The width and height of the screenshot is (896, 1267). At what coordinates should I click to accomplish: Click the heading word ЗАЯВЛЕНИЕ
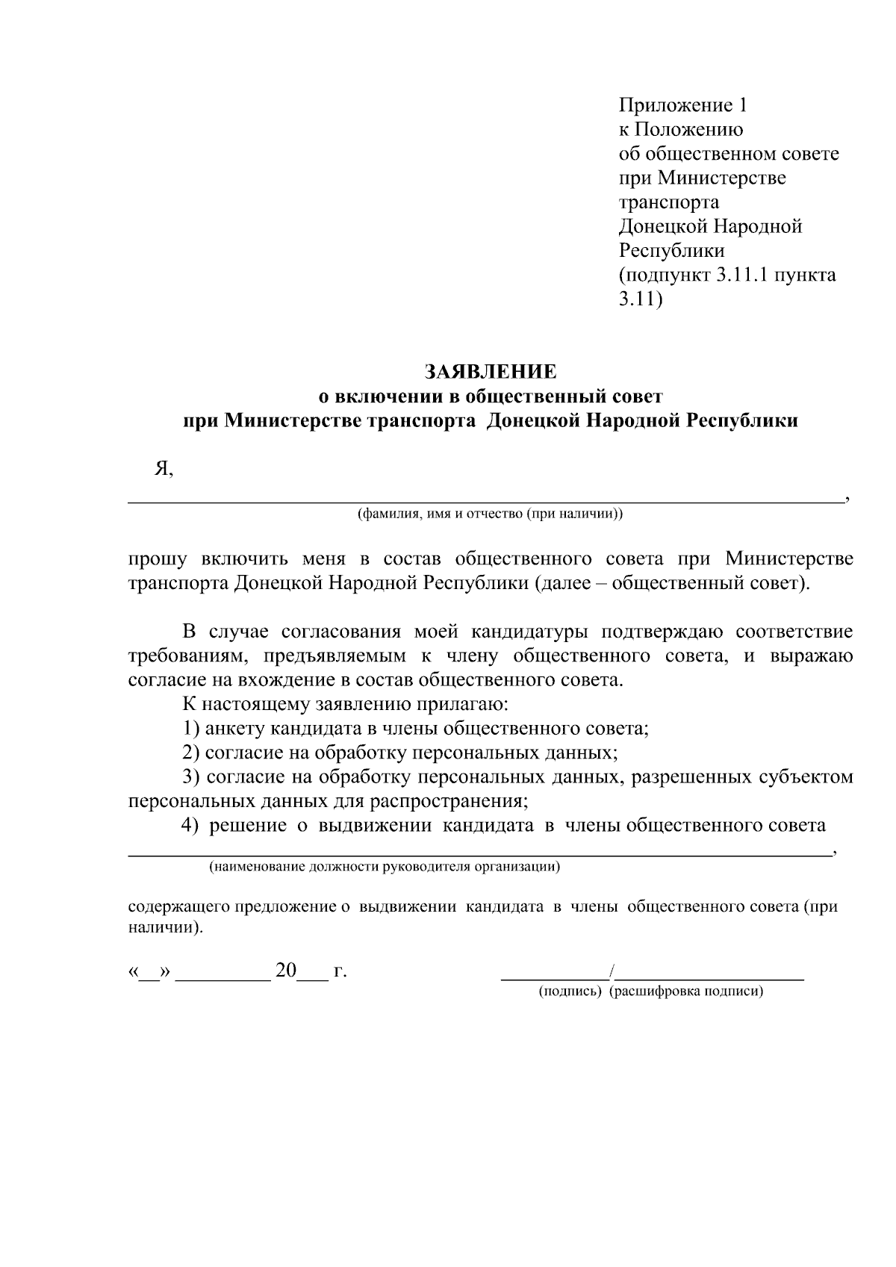(x=491, y=372)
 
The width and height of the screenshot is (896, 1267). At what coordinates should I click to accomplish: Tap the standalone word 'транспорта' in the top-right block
(x=669, y=202)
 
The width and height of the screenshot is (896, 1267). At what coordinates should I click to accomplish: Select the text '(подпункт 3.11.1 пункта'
(x=727, y=275)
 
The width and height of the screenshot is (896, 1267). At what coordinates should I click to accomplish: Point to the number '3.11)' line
(x=641, y=299)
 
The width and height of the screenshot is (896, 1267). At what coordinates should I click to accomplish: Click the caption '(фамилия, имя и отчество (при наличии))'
(x=491, y=514)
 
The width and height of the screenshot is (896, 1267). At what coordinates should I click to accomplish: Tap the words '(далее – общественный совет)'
(x=671, y=583)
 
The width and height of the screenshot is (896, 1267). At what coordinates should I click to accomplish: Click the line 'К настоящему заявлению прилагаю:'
(x=345, y=704)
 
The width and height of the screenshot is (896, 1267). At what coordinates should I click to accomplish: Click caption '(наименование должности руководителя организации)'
(x=385, y=867)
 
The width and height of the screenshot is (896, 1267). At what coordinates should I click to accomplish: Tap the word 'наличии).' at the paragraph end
(x=165, y=929)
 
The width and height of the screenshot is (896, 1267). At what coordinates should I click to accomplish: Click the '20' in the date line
(x=286, y=971)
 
